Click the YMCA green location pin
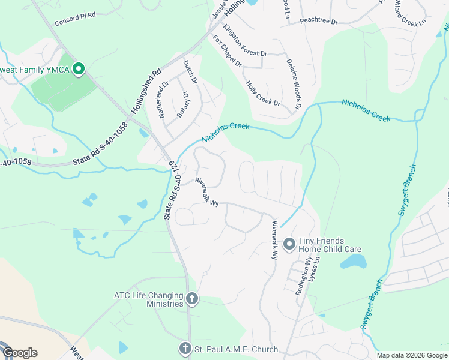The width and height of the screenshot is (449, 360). click(78, 69)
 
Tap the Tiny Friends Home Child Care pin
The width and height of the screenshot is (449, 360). click(289, 244)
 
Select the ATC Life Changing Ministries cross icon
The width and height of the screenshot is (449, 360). click(191, 299)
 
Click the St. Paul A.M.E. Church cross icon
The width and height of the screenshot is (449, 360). click(185, 348)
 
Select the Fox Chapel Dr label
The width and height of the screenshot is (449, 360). click(227, 51)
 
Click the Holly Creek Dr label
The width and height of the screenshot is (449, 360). click(264, 93)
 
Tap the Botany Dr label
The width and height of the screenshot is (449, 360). click(182, 103)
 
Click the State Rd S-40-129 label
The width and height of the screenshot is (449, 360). click(171, 189)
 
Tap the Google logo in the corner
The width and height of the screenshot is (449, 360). click(20, 353)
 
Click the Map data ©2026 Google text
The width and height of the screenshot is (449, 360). click(411, 355)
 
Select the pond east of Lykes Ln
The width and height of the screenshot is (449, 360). click(354, 262)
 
